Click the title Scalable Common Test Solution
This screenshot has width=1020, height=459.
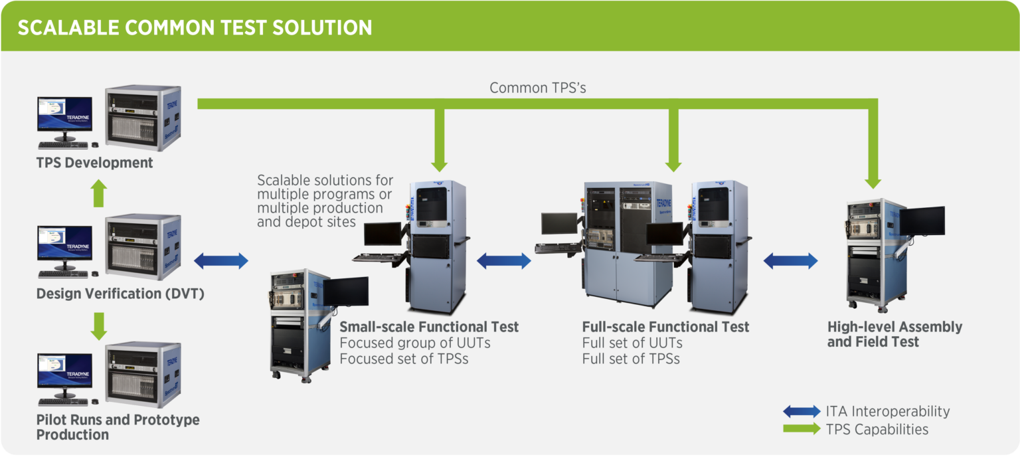click(x=195, y=28)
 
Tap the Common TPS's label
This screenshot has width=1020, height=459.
click(x=537, y=88)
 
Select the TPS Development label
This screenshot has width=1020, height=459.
click(x=94, y=163)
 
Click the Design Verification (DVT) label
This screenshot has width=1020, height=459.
click(x=120, y=294)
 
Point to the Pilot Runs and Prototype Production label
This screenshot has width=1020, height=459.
click(x=118, y=427)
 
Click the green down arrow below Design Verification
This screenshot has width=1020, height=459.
click(x=98, y=325)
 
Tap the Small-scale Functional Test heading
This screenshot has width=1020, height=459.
click(x=428, y=327)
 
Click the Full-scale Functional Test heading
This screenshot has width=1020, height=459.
click(x=665, y=327)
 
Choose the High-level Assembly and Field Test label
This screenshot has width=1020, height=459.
click(x=894, y=334)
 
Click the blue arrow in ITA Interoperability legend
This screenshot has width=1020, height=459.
click(x=801, y=412)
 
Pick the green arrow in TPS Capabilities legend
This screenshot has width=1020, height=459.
click(x=801, y=429)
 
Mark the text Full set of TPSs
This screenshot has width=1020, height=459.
click(x=630, y=359)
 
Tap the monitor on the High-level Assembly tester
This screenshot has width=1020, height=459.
click(x=922, y=221)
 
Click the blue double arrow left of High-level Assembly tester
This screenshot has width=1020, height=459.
click(x=790, y=261)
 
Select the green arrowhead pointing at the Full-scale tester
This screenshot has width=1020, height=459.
click(x=674, y=165)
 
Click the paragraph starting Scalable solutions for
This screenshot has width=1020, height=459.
click(x=325, y=201)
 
